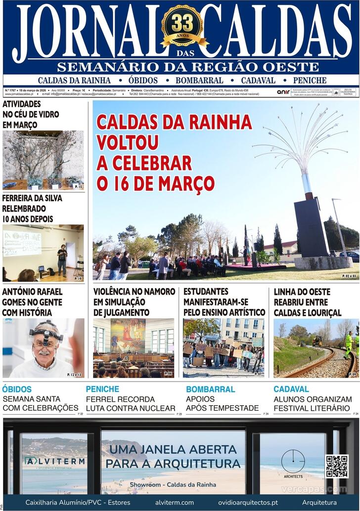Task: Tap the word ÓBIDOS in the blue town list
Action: point(143,80)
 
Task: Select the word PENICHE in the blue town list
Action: point(310,80)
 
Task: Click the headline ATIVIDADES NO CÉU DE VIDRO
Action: point(31,114)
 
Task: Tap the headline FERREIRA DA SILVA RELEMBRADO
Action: point(32,208)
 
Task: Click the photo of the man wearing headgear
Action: point(43,348)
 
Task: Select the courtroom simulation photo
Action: point(134,348)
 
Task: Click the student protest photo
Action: point(224,348)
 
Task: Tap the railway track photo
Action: point(315,348)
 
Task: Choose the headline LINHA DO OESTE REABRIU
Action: point(308,302)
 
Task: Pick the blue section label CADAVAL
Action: point(291,389)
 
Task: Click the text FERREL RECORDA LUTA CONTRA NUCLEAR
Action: point(131,404)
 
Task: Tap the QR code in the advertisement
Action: point(337,467)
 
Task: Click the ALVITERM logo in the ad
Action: point(54,462)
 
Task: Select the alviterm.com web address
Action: point(174,503)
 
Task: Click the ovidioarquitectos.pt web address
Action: point(248,503)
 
